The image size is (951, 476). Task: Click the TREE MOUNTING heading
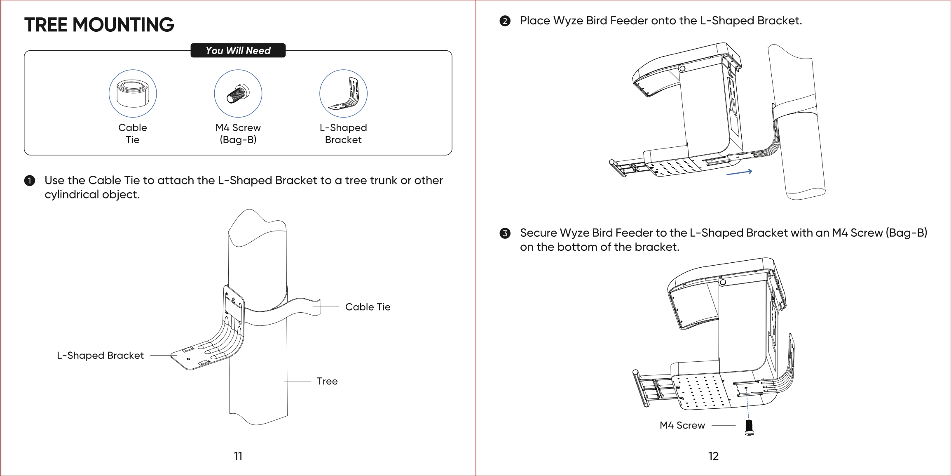pos(99,25)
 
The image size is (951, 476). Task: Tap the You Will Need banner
pos(238,50)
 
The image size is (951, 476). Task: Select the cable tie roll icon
pos(133,94)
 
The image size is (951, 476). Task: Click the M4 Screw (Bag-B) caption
pos(238,133)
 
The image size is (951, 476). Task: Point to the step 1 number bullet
pos(30,181)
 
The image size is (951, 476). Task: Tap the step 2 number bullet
pos(505,21)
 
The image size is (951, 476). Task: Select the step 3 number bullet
pos(505,233)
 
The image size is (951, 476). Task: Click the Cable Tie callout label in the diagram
pos(368,307)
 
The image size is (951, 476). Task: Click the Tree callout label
pos(327,381)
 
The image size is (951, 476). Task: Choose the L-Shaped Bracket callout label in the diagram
pos(100,356)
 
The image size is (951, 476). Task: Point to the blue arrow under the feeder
pos(739,173)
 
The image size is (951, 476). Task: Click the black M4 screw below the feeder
pos(750,427)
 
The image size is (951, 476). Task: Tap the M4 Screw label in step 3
pos(682,425)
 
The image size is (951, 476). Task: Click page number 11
pos(238,456)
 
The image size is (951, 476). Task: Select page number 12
pos(713,456)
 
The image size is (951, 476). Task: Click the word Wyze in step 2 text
pos(568,21)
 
